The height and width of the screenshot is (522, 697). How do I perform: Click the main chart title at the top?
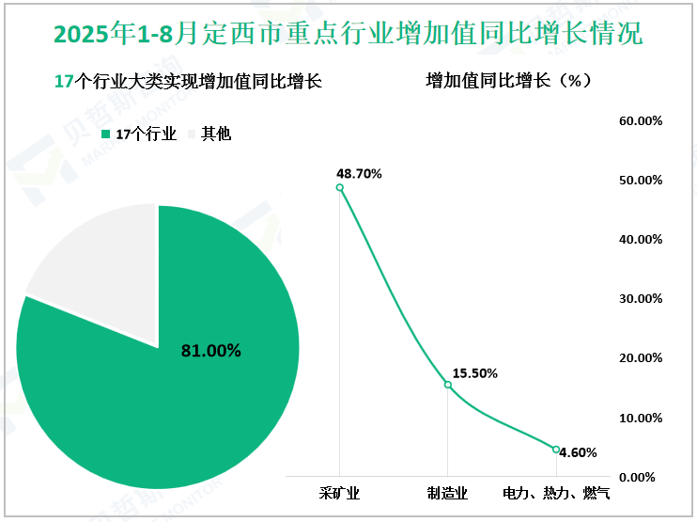tap(348, 35)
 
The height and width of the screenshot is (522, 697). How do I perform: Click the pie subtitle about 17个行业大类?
tap(189, 82)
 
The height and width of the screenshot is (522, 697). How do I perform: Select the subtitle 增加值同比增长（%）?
tap(509, 81)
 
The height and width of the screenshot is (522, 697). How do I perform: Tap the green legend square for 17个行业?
tap(105, 134)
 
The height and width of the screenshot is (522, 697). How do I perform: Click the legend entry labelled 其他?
tap(216, 134)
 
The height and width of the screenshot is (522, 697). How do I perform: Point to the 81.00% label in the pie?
tap(211, 352)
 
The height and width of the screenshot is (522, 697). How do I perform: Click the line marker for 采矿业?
tap(340, 187)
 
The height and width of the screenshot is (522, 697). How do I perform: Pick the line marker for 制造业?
tap(448, 385)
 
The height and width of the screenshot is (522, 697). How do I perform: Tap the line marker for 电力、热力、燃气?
tap(556, 450)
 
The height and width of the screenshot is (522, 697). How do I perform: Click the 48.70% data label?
tap(360, 174)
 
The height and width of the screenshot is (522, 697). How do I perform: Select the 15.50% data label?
tap(474, 373)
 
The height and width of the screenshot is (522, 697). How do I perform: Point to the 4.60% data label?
tap(578, 452)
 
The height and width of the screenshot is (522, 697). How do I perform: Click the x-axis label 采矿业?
tap(340, 492)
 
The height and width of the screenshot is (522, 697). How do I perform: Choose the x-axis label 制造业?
tap(448, 492)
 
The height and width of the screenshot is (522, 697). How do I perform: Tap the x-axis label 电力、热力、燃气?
tap(556, 492)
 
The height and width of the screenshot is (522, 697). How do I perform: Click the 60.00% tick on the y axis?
tap(641, 120)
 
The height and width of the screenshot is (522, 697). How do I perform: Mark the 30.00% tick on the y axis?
tap(641, 299)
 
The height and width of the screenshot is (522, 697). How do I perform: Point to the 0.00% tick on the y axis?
tap(643, 477)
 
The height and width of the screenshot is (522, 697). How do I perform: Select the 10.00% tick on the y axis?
tap(641, 418)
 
